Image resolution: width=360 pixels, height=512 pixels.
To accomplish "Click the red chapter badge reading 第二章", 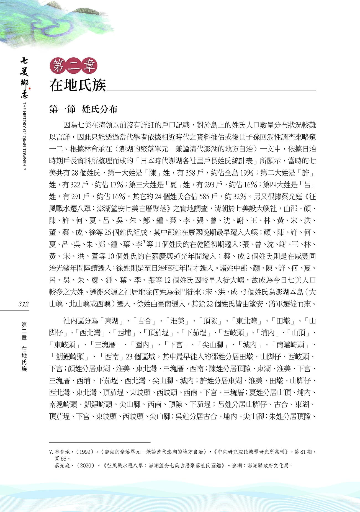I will point(73,66).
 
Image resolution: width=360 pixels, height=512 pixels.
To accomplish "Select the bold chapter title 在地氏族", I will point(78,85).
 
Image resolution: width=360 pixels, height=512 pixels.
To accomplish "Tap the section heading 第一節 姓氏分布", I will point(83,109).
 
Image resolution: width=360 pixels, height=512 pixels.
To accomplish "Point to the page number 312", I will point(24,304).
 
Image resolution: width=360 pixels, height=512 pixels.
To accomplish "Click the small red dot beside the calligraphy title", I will point(30,89).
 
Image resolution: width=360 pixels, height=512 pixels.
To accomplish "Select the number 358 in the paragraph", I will point(190,173).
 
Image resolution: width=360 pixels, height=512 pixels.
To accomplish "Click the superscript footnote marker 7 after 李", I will point(144,243).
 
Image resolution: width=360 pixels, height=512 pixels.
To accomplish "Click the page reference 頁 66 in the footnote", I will point(61,459).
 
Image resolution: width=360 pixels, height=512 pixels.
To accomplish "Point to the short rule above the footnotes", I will point(100,443).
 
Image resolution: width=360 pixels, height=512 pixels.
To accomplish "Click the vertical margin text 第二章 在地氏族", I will point(24,346).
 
